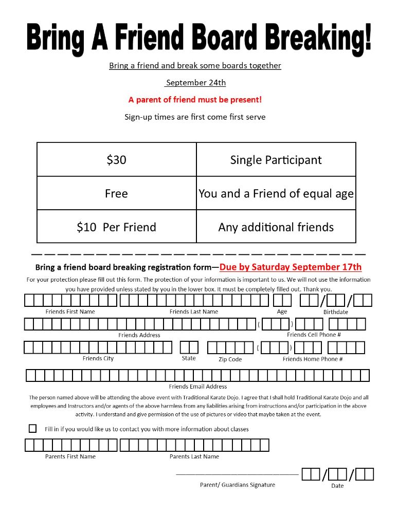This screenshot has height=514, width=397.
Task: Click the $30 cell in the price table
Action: point(116,160)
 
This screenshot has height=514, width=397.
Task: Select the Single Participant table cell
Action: point(276,160)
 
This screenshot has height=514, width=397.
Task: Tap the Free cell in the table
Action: point(116,194)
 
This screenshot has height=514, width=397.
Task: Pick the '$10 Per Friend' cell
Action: point(116,227)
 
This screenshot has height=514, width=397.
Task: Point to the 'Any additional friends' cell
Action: point(276,227)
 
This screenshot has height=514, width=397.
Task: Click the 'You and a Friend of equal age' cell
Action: point(276,194)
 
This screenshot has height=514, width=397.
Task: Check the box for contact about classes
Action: point(33,428)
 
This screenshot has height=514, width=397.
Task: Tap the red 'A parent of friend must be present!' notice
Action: point(195,100)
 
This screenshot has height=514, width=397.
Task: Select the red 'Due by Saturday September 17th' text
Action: point(291,267)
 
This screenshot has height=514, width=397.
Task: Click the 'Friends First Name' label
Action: point(70,312)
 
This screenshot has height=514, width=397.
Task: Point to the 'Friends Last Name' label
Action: point(194,312)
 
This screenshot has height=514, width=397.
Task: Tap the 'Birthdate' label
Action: point(335,312)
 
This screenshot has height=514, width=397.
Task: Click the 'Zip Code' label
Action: point(230,359)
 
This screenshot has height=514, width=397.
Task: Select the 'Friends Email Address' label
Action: point(198,387)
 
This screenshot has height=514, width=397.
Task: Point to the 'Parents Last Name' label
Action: point(194,456)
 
